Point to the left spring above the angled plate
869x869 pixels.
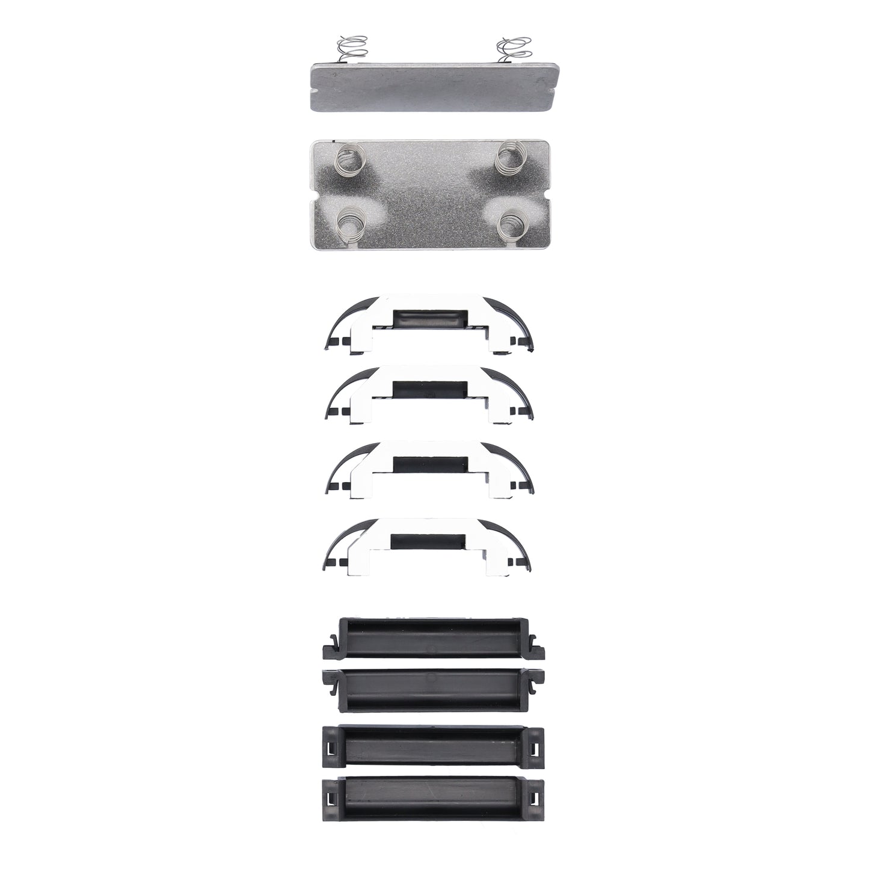(x=351, y=49)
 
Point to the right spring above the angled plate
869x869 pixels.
(x=512, y=49)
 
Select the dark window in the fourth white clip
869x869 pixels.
(x=428, y=540)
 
